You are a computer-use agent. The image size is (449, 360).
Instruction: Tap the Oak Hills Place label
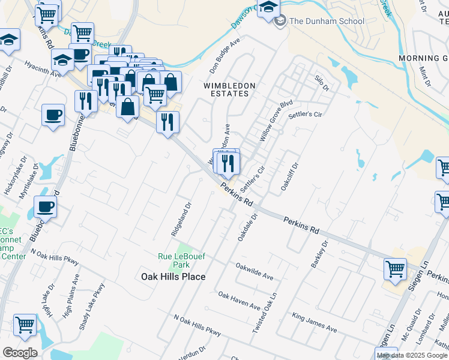[x=173, y=277]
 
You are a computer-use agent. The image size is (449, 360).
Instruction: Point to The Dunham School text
[x=327, y=21]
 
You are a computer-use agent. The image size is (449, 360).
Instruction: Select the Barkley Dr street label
[x=319, y=254]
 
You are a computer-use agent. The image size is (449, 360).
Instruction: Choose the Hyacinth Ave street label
[x=43, y=69]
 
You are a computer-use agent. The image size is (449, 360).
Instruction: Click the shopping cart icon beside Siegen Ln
[x=395, y=269]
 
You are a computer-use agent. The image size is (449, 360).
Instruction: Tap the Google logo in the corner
[x=20, y=353]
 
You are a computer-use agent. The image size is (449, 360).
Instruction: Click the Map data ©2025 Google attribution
[x=412, y=355]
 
